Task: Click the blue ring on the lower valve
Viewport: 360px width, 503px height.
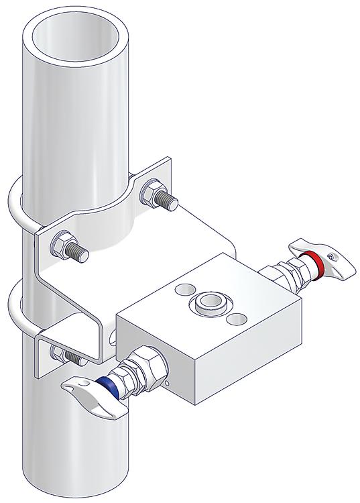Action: coord(106,387)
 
